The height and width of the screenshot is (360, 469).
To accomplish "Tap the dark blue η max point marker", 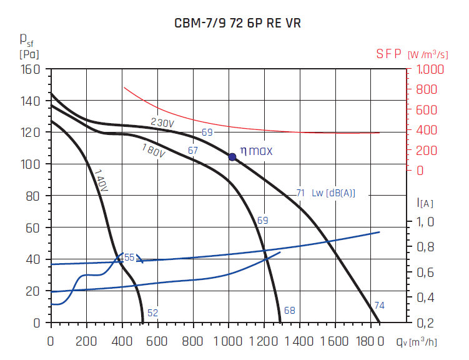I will pyautogui.click(x=232, y=157).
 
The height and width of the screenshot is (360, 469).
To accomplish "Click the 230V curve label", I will pyautogui.click(x=162, y=123).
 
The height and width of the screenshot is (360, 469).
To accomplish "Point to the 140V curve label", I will pyautogui.click(x=102, y=181).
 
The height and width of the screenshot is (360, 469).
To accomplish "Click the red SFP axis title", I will pyautogui.click(x=388, y=54).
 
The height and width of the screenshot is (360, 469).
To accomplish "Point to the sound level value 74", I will pyautogui.click(x=380, y=306).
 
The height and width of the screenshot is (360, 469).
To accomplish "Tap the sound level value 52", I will pyautogui.click(x=152, y=313).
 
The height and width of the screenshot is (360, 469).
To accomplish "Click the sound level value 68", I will pyautogui.click(x=289, y=311).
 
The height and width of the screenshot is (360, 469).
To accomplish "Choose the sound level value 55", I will pyautogui.click(x=129, y=257).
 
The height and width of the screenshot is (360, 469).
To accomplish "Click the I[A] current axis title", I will pyautogui.click(x=424, y=202).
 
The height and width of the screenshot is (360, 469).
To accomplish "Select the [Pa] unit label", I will pyautogui.click(x=29, y=54).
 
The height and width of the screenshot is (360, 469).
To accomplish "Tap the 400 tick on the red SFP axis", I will pyautogui.click(x=425, y=130).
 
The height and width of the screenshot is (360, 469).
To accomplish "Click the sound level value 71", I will pyautogui.click(x=300, y=192).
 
